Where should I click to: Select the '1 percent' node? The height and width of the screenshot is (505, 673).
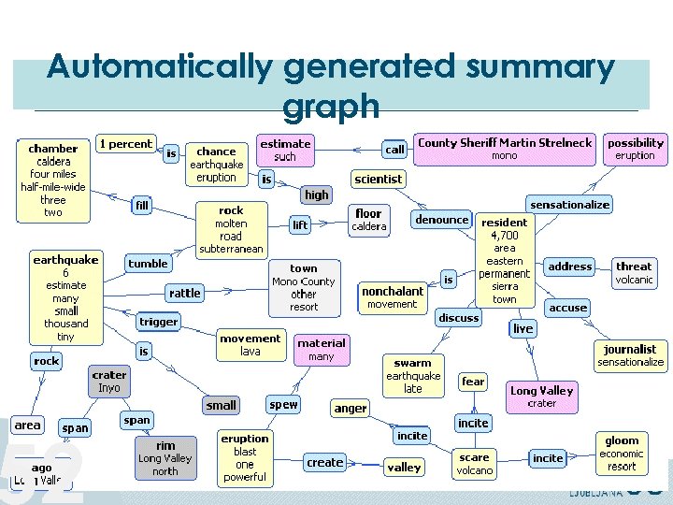125,143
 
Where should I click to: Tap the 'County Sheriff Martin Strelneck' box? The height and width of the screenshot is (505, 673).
505,149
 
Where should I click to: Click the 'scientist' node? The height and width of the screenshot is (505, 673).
379,179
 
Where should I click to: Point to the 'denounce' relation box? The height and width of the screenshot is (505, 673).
442,220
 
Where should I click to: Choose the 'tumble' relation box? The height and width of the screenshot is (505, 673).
148,264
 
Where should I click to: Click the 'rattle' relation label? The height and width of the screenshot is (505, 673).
184,293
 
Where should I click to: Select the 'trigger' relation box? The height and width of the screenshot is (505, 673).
158,322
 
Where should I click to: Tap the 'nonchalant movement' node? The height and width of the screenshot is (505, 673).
393,297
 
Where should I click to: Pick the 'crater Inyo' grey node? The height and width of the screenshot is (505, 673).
109,381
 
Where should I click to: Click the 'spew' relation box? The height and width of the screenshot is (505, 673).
283,405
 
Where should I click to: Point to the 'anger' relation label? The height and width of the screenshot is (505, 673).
351,408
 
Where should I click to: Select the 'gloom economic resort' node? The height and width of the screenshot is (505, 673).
622,453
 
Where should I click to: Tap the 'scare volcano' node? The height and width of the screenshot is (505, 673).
475,463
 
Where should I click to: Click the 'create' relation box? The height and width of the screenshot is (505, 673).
324,462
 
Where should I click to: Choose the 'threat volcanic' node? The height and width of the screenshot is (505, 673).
634,273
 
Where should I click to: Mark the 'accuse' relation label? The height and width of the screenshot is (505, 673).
567,307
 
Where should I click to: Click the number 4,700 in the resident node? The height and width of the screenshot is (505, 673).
504,236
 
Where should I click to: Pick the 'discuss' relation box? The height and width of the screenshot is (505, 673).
459,318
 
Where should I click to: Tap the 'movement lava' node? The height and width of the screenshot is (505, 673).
250,344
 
